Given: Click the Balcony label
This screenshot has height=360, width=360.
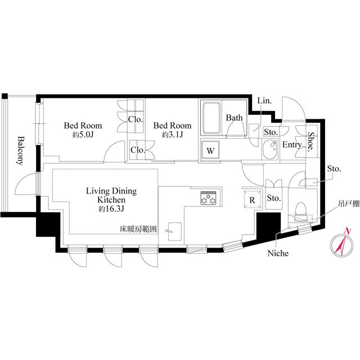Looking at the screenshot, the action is (21, 151).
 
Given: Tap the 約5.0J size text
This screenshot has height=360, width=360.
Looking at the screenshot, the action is (83, 135).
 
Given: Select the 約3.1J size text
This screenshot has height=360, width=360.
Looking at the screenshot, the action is (172, 135).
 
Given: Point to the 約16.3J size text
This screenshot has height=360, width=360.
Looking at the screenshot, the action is (111, 209).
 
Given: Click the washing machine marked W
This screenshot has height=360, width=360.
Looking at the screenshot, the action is (210, 151).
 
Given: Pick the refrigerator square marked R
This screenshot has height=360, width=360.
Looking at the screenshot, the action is (253, 200).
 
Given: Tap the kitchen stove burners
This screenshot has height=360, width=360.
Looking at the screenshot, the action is (209, 198).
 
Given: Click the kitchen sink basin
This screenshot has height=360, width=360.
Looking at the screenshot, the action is (175, 231).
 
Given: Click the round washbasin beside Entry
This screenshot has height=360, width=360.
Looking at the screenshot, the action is (270, 149).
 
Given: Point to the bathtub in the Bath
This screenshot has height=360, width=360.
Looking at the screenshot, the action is (211, 118).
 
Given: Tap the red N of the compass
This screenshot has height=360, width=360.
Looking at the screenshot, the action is (348, 231).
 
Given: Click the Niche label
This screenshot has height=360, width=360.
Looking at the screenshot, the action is (278, 253).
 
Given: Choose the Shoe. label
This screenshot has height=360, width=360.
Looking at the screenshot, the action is (310, 142).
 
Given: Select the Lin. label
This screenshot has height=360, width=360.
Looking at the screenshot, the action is (264, 101).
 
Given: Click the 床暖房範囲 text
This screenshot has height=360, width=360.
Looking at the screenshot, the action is (138, 229).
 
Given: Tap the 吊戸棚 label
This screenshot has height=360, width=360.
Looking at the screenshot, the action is (349, 204).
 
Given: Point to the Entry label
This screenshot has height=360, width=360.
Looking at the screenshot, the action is (292, 145).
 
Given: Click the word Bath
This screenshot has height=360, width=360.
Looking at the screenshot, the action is (234, 118).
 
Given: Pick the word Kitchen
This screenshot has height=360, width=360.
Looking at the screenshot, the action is (111, 200).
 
